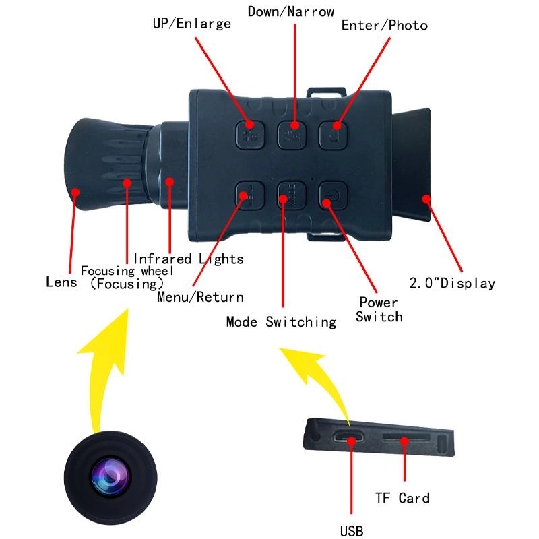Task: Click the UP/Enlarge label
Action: click(x=192, y=24)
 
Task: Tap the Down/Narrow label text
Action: click(x=291, y=11)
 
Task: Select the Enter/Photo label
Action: click(x=384, y=26)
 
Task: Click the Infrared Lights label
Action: click(x=189, y=259)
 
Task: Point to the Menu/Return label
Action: click(x=200, y=297)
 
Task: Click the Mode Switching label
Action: click(x=281, y=322)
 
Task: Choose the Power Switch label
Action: click(x=379, y=309)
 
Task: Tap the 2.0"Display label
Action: click(x=452, y=283)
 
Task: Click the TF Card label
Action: click(x=402, y=498)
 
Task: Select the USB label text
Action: click(x=351, y=531)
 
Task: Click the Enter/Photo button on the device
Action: click(x=333, y=135)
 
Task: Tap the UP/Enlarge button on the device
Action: click(x=250, y=135)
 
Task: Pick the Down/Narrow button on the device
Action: click(x=292, y=135)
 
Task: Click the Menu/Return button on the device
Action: click(x=250, y=195)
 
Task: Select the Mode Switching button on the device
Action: click(x=292, y=195)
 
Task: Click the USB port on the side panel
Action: click(x=348, y=437)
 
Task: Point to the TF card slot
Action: click(x=406, y=437)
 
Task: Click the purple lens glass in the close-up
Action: click(x=110, y=477)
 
